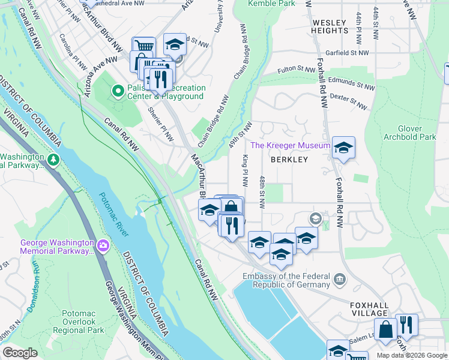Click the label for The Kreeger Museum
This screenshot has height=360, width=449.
point(290,145)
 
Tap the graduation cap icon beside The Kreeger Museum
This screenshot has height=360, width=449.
point(343,147)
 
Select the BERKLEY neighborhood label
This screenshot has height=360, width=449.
point(289,160)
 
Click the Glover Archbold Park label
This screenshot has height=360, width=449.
point(417,133)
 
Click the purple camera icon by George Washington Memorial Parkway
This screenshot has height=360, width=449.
point(103,245)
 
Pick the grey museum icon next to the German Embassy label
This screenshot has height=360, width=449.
point(339,278)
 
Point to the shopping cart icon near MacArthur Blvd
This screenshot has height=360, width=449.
point(143,47)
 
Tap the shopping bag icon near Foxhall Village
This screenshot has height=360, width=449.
point(386,329)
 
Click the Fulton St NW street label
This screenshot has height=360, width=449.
point(295,70)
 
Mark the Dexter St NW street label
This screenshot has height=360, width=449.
point(349,103)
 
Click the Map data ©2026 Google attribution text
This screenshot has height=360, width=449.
point(412,355)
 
